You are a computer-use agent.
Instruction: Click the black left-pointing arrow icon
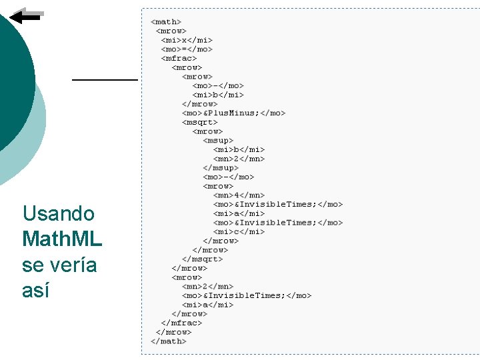click(x=27, y=16)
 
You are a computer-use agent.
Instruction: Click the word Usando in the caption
click(x=59, y=213)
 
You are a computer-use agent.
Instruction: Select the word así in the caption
click(x=36, y=291)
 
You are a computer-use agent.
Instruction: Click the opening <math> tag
click(x=166, y=21)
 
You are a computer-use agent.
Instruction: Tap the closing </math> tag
click(x=168, y=341)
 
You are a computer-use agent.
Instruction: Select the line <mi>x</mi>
click(x=187, y=40)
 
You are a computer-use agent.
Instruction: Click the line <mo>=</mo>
click(x=187, y=49)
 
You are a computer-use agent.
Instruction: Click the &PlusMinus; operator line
click(x=233, y=113)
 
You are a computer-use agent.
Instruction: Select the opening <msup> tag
click(x=219, y=140)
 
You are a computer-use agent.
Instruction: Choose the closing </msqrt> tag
click(x=202, y=259)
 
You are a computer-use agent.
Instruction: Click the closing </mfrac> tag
click(x=181, y=323)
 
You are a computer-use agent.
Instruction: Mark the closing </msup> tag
click(x=221, y=167)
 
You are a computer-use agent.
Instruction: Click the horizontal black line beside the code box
click(x=105, y=79)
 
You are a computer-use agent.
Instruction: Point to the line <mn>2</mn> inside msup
click(x=239, y=159)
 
